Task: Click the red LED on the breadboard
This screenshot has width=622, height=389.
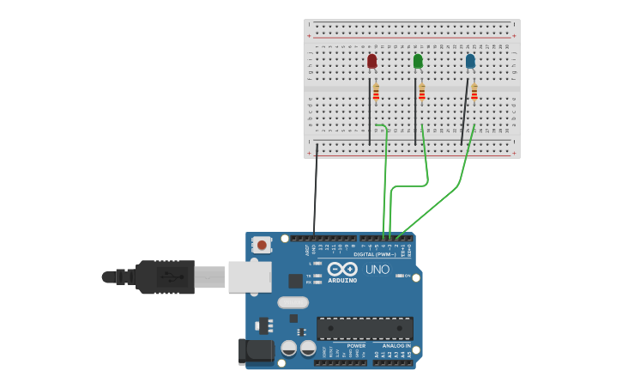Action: tap(371, 61)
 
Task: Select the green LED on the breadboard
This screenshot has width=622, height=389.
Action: tap(418, 61)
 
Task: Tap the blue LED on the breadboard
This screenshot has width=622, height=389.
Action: tap(470, 61)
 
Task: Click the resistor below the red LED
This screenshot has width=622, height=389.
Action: tap(376, 92)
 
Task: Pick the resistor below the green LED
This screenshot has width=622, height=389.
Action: tap(422, 92)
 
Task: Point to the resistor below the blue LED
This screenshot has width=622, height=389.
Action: tap(474, 92)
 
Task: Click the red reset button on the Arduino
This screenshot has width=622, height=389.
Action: tap(262, 245)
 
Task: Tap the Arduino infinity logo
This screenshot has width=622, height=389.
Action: tap(342, 269)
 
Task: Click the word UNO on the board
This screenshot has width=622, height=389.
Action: tap(377, 270)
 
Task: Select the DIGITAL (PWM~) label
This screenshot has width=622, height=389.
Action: tap(375, 254)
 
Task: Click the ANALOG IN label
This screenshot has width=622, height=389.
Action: tap(396, 345)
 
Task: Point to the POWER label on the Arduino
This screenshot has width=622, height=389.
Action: tap(356, 345)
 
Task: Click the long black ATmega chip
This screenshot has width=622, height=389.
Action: tap(365, 328)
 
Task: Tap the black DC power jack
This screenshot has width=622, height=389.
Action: tap(255, 350)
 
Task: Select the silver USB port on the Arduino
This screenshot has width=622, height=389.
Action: tap(250, 277)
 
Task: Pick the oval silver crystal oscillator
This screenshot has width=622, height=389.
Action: tap(293, 302)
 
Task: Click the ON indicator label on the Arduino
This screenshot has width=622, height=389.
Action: tap(407, 276)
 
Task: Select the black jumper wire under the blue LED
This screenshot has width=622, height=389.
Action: tap(464, 112)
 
